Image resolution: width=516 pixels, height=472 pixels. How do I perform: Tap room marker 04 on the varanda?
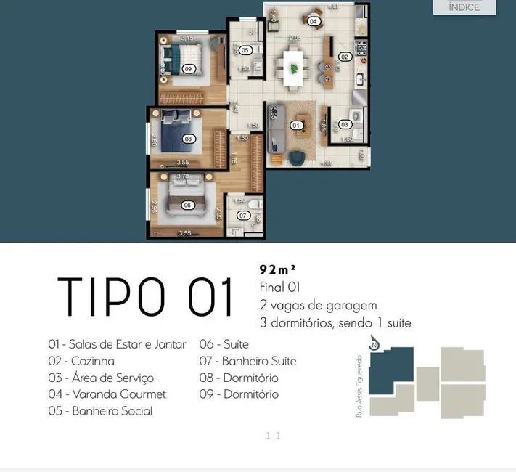[313, 21]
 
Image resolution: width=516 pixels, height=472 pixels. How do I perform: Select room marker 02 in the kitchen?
[345, 57]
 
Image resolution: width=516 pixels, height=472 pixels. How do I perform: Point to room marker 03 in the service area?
[345, 124]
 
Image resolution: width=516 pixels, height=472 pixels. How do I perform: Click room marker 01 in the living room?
[296, 125]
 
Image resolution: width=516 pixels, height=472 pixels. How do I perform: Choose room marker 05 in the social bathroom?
[245, 50]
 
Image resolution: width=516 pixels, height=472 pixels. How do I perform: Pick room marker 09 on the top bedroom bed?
[188, 68]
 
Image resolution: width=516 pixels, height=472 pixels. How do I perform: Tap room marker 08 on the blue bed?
[188, 138]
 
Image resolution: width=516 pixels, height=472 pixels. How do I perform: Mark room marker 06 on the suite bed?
[187, 205]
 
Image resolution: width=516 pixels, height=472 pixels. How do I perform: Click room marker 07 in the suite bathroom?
[244, 216]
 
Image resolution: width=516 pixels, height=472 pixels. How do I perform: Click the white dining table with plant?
[293, 68]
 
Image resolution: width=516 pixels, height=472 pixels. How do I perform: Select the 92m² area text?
[278, 269]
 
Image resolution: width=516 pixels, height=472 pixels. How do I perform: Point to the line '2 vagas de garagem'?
[318, 305]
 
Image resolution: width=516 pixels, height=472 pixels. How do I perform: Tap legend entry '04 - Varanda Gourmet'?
[107, 394]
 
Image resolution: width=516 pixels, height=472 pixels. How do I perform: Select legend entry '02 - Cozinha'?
[81, 361]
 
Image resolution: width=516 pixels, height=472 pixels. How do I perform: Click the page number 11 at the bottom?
[273, 436]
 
